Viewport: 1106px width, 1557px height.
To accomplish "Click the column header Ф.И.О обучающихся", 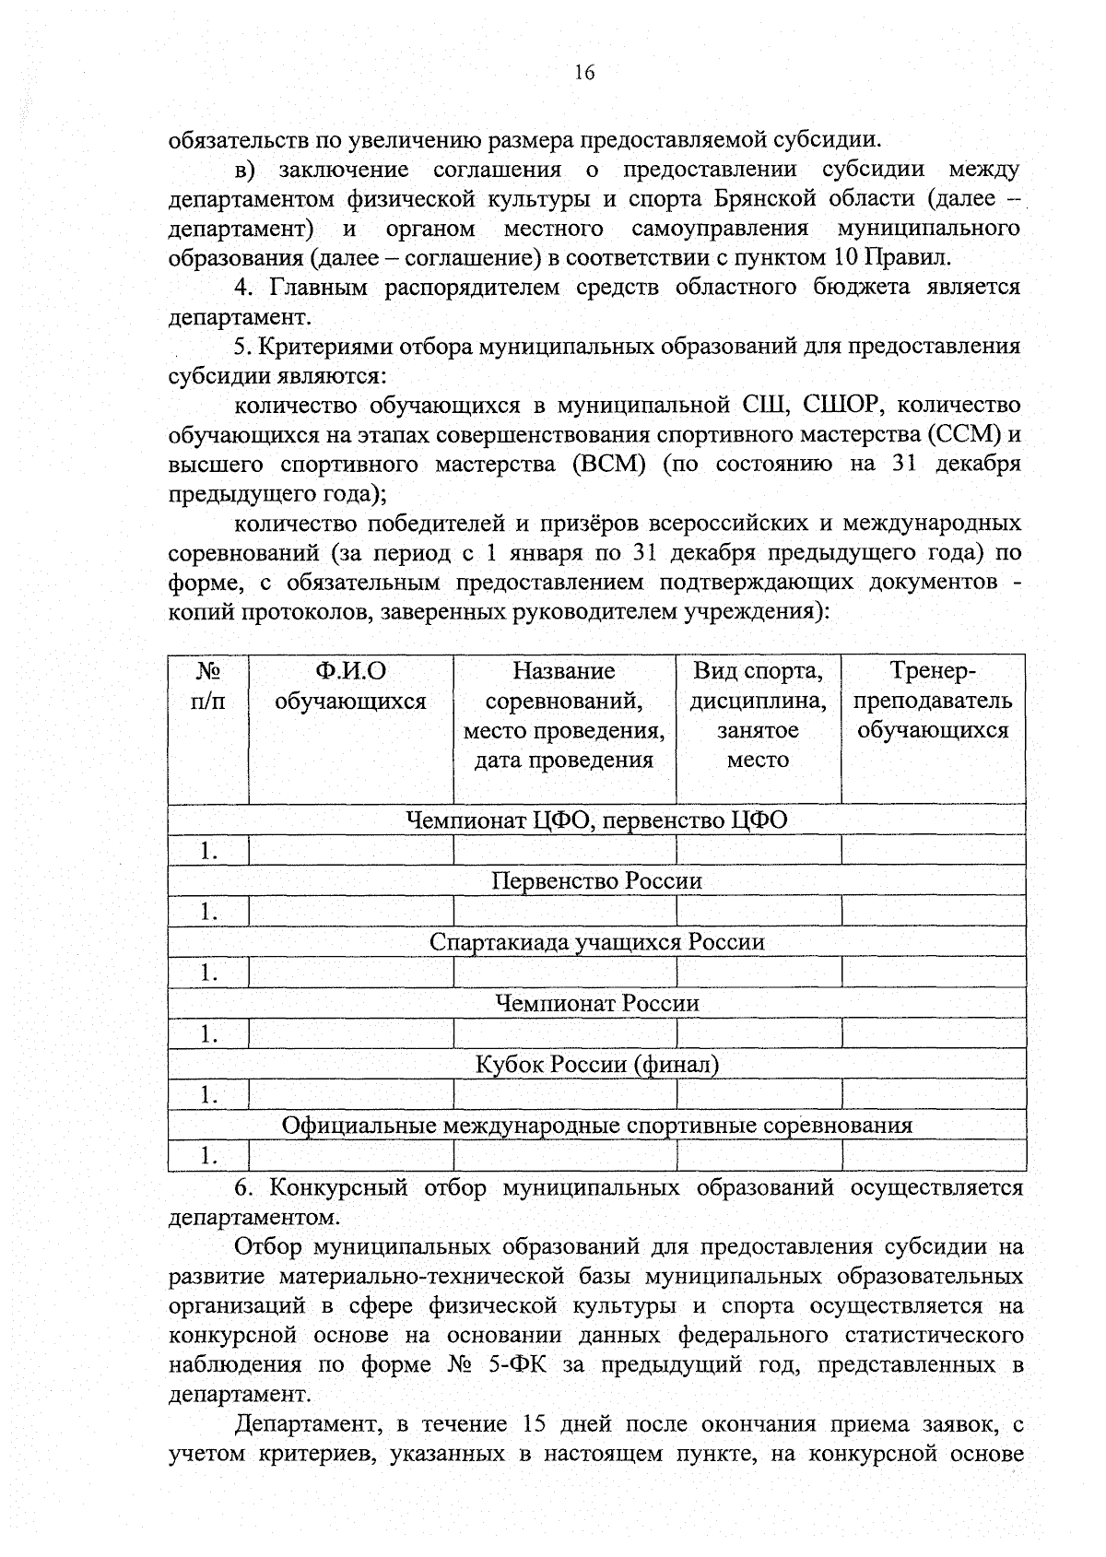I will (350, 686).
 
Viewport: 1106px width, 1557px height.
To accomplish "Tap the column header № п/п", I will (208, 686).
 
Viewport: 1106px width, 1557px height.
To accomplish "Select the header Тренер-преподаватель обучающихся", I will (933, 701).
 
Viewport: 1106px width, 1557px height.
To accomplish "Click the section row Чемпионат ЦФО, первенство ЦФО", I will (596, 820).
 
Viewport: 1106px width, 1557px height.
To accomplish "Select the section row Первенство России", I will (596, 881).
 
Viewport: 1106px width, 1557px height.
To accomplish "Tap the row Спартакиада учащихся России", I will (596, 942).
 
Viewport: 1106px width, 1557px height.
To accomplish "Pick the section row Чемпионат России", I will (596, 1003).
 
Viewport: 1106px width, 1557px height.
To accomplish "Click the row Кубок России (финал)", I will (596, 1065).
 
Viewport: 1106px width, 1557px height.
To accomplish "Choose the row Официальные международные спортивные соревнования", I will (596, 1126).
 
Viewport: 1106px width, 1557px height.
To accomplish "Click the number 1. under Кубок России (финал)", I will (209, 1095).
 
